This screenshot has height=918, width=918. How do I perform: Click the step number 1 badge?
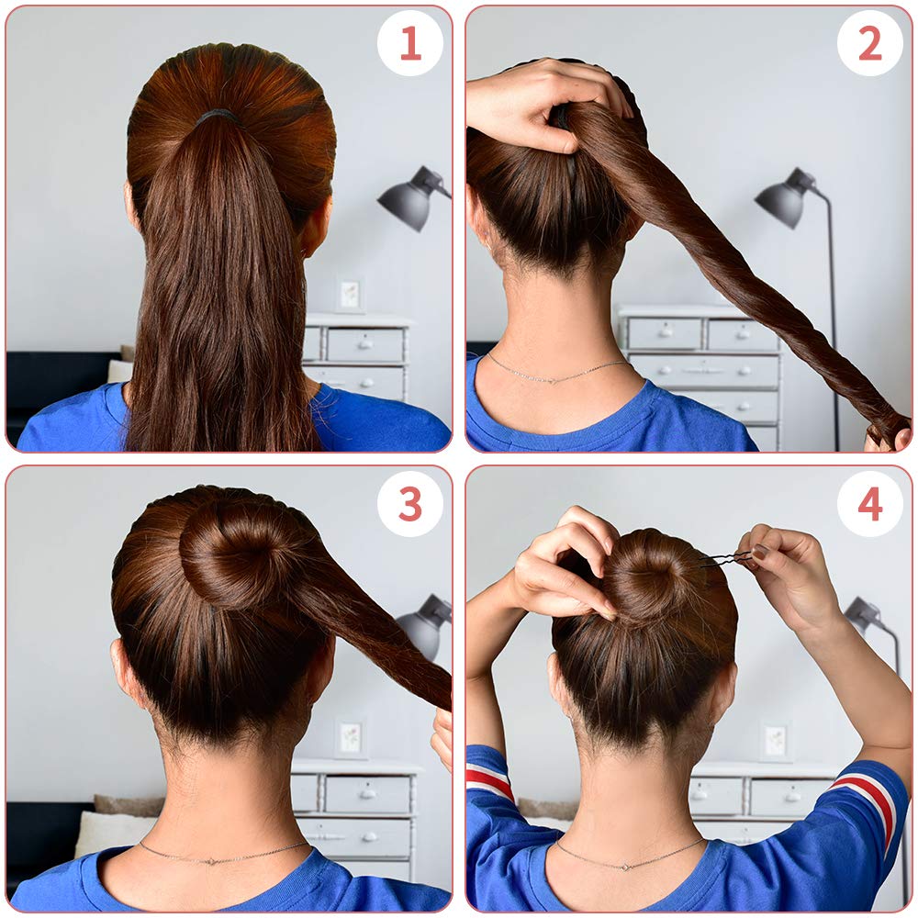[x=410, y=43]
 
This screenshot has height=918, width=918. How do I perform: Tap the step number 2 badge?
[x=869, y=43]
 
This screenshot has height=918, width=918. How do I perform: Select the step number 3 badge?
[x=410, y=503]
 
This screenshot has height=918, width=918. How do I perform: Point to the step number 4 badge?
[x=869, y=503]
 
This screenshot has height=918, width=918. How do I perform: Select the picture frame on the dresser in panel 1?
[x=350, y=294]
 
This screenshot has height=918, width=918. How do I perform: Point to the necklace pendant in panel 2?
[x=550, y=378]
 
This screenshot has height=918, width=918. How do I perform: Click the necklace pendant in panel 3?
[x=214, y=860]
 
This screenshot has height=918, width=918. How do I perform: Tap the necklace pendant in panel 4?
[x=628, y=865]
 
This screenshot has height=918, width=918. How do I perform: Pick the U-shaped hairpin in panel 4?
[x=726, y=559]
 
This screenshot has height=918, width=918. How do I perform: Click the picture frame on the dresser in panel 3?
[x=349, y=737]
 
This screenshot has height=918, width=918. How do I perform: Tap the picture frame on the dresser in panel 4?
[x=776, y=741]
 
